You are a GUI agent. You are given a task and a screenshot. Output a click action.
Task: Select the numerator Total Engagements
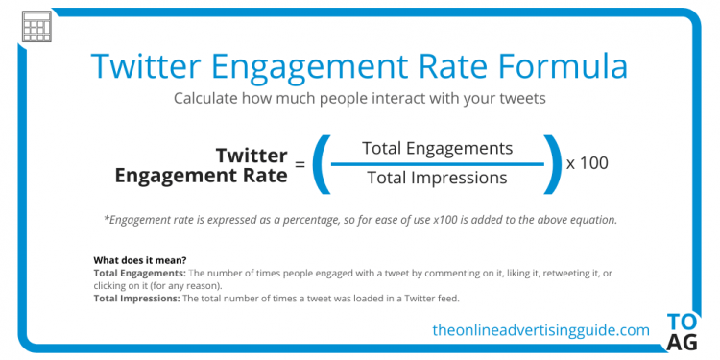[x=437, y=148]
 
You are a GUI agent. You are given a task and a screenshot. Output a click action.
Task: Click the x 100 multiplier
[x=587, y=163]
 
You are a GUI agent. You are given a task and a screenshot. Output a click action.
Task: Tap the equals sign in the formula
[x=300, y=165]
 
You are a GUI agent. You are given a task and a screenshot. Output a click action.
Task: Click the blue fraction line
[x=437, y=163]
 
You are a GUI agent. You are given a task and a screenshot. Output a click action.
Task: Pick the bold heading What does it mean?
[x=139, y=260]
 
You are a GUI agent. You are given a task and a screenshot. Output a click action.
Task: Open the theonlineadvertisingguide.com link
[x=540, y=330]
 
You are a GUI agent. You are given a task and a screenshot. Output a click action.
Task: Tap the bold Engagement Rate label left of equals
[x=201, y=176]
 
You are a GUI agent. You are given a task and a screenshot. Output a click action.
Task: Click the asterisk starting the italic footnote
[x=106, y=218]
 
